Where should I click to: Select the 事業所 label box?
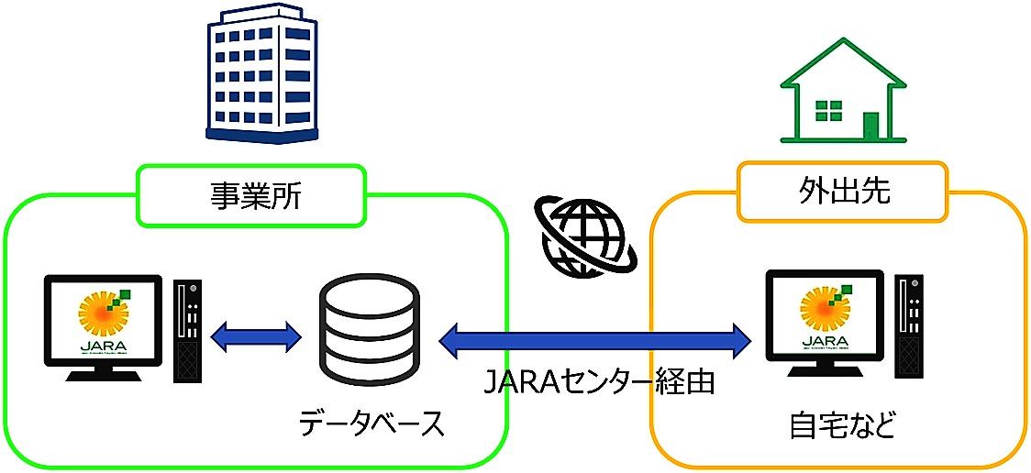[251, 194]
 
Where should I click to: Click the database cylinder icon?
[370, 335]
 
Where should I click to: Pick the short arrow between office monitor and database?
[257, 335]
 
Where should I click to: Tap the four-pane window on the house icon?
[828, 113]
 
